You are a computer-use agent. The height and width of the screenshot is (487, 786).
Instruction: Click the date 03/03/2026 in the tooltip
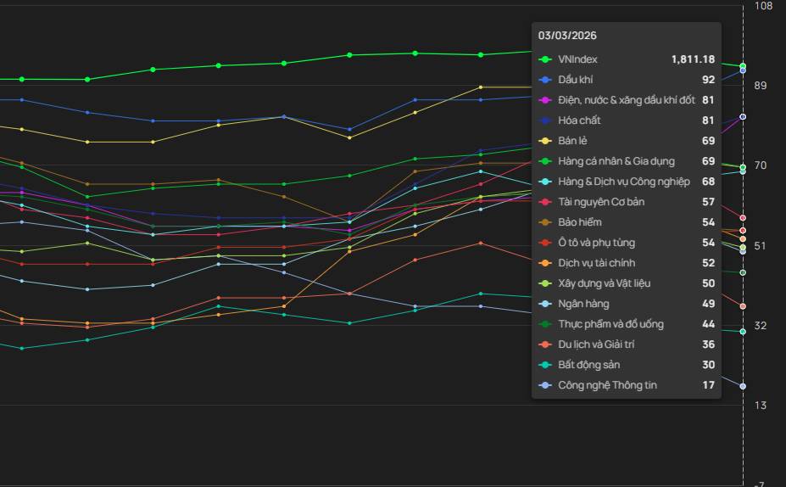567,36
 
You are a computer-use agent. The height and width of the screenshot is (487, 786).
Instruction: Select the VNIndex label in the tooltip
577,59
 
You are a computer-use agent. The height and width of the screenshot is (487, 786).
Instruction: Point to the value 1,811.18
693,59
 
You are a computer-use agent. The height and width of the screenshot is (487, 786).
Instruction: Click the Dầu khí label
575,80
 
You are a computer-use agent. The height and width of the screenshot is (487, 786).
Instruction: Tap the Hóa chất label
579,120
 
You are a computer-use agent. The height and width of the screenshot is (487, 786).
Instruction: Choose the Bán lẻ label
573,141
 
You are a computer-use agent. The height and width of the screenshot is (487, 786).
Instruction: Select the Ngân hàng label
583,304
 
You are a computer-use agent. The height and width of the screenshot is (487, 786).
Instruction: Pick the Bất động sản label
588,365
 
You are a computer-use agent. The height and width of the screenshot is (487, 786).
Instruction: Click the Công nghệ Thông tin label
607,385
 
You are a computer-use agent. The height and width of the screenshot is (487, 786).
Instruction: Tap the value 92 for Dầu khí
708,80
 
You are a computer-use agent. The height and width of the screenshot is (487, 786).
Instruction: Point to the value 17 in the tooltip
708,385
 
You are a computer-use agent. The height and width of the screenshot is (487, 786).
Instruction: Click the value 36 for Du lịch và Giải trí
708,344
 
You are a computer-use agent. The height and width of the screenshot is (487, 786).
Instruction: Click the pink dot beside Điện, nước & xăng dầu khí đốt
546,100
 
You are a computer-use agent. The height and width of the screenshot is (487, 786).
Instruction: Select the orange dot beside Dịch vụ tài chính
546,263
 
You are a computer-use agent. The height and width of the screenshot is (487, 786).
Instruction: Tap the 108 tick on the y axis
763,6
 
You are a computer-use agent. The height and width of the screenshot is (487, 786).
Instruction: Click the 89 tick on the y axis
761,86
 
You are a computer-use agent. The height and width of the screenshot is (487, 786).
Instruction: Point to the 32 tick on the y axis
761,325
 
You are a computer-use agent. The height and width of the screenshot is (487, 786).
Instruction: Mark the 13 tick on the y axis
761,406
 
